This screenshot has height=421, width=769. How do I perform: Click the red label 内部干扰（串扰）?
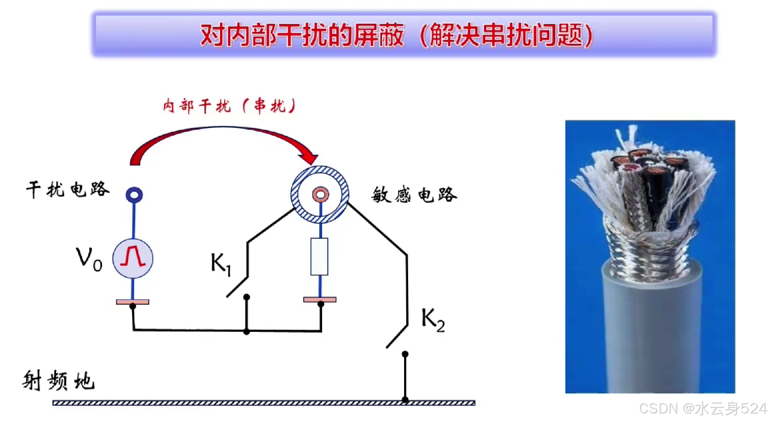(x=230, y=106)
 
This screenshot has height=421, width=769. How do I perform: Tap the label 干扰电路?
(x=68, y=190)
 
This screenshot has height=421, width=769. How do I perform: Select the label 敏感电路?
(x=414, y=195)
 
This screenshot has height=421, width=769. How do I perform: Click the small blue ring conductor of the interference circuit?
(x=134, y=195)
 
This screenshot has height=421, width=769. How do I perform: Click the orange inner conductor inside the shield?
(x=320, y=195)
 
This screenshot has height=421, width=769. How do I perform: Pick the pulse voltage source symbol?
(x=133, y=258)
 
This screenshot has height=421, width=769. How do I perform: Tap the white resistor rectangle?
(x=319, y=257)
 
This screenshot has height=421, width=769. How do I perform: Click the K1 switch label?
(x=220, y=264)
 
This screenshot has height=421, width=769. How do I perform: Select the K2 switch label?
(x=433, y=320)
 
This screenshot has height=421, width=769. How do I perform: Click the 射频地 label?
(x=59, y=380)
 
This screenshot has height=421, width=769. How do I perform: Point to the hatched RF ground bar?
(x=264, y=403)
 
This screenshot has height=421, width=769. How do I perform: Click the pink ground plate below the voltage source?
(x=132, y=302)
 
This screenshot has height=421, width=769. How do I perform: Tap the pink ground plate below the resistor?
(x=320, y=299)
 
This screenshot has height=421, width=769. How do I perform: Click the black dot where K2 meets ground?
(x=405, y=400)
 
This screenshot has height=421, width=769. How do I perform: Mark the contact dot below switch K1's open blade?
(x=246, y=297)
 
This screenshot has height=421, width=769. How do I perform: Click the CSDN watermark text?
(x=703, y=409)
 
